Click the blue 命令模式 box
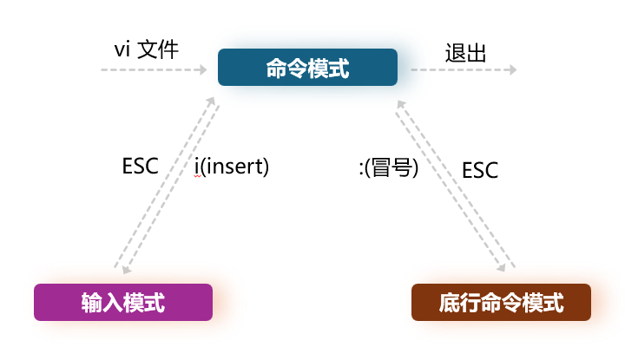point(307,68)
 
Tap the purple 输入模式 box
point(122,302)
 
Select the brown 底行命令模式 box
point(501,302)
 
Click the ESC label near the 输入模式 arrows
point(141,166)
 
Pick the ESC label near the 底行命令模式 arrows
point(480,170)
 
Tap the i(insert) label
point(232,166)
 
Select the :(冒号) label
point(388,168)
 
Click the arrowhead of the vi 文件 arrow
point(202,69)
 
